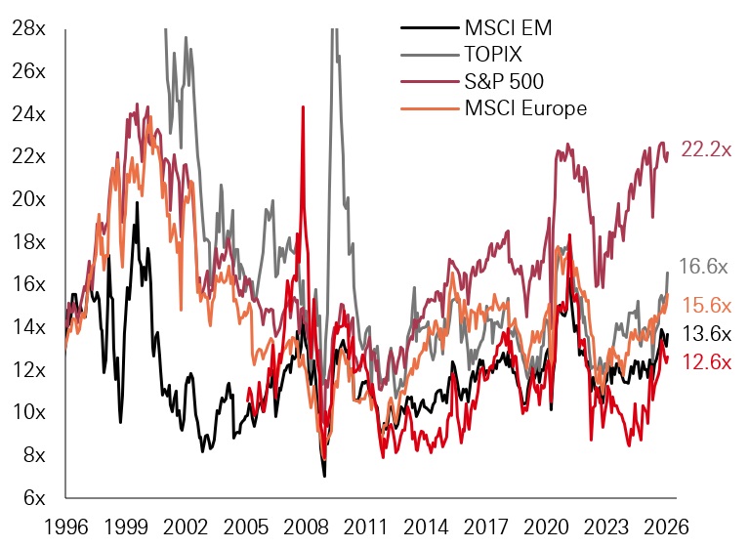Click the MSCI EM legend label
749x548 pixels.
pos(507,27)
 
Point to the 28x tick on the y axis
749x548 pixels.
pos(27,28)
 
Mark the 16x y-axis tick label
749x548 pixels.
pos(27,284)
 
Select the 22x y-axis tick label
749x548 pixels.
pos(27,156)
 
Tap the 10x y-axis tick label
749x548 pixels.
pos(27,412)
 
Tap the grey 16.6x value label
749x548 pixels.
pos(705,266)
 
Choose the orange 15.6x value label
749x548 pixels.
pos(705,306)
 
